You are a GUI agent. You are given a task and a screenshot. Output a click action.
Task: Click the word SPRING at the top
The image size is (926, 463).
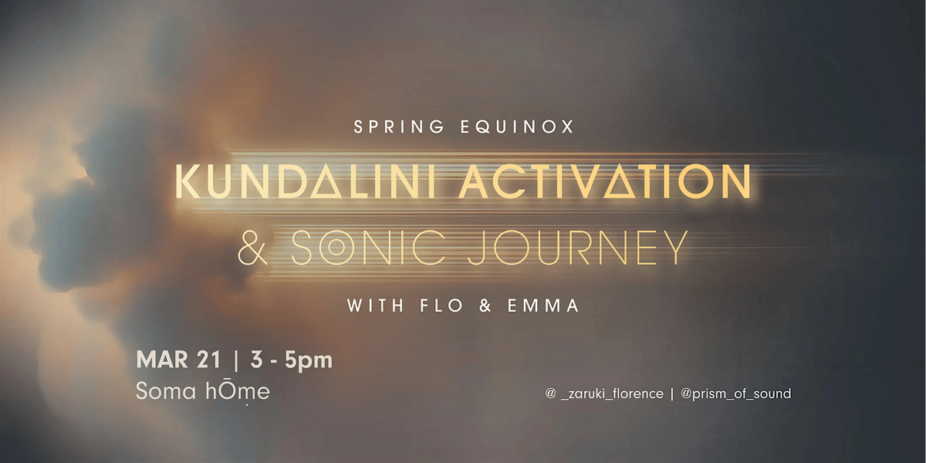coord(400,127)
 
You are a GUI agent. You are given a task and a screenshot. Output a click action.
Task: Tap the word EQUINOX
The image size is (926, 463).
coord(517,127)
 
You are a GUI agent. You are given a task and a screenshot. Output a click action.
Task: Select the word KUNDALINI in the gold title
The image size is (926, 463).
coord(305,182)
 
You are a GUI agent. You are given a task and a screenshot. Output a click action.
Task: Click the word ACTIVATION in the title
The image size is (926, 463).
coord(604,182)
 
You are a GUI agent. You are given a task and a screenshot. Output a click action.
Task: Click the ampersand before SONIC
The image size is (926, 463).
coord(253,248)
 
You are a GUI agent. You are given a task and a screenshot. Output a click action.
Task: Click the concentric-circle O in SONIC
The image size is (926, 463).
coord(336,248)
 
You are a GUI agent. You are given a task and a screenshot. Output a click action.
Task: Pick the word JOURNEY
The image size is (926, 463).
coord(578,248)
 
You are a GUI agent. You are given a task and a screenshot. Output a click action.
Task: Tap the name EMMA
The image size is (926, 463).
coord(543,306)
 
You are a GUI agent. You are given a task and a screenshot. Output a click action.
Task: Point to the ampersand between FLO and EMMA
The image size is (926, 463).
coord(485,306)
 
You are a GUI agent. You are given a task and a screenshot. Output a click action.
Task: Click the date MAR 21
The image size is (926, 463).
coord(178,360)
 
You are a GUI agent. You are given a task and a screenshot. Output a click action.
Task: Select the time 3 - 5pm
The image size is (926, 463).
coord(291,360)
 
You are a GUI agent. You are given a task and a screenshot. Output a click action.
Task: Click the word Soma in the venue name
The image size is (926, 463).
coord(166,391)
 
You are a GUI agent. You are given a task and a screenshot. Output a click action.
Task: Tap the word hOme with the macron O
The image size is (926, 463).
coord(238,391)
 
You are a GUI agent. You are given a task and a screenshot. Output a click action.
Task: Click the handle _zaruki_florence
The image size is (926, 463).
coord(612,393)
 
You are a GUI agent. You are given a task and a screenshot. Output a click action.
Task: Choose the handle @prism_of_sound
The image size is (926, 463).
coord(736,393)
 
